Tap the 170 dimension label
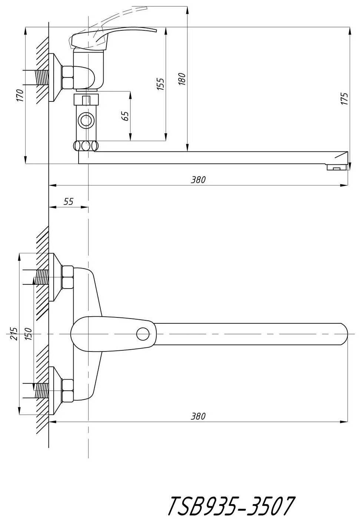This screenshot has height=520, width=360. (x=20, y=95)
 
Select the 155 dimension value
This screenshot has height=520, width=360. (x=160, y=84)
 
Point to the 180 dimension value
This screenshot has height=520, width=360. (x=182, y=79)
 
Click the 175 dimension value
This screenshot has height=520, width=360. (x=345, y=99)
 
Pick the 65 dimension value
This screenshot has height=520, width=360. (x=125, y=116)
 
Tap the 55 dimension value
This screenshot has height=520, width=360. (x=68, y=201)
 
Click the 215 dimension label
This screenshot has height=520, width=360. (x=14, y=334)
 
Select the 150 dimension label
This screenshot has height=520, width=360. (x=28, y=334)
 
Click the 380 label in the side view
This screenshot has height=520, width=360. (x=198, y=180)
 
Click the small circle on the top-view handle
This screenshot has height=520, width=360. (x=143, y=334)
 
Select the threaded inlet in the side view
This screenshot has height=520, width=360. (x=41, y=77)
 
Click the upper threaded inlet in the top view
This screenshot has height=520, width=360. (x=41, y=277)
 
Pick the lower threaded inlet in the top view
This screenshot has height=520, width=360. (x=41, y=391)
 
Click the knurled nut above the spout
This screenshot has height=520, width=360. (x=86, y=146)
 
